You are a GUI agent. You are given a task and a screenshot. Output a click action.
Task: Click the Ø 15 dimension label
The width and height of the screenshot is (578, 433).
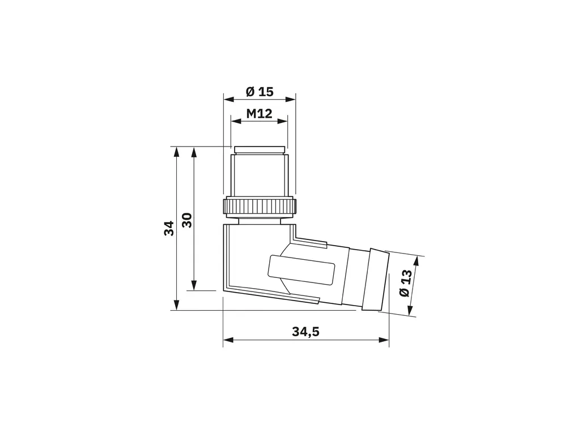(260, 91)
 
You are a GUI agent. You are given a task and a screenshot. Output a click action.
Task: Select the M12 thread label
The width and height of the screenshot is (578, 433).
(259, 113)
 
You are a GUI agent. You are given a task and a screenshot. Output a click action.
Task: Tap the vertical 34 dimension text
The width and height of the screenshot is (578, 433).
(169, 228)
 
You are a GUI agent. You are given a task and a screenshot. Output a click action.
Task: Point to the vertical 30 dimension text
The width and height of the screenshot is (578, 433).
(187, 220)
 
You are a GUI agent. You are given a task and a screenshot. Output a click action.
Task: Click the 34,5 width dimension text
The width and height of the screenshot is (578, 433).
(305, 332)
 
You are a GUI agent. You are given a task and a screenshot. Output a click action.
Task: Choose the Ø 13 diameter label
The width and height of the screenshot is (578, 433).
(405, 283)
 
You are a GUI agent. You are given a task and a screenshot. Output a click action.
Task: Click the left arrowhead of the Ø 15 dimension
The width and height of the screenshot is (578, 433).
(229, 99)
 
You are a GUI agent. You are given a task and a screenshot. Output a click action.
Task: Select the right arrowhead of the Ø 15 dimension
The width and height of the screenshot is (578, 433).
(291, 99)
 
